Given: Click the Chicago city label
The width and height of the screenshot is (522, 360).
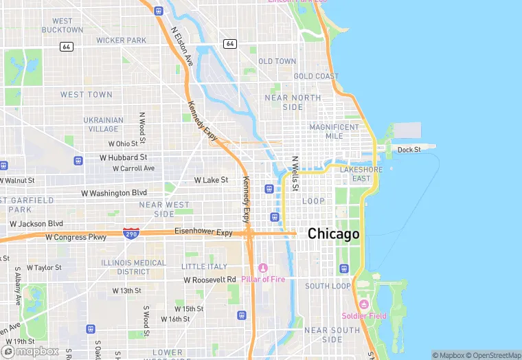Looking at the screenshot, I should [333, 234].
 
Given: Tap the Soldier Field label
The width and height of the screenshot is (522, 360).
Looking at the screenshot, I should [364, 316].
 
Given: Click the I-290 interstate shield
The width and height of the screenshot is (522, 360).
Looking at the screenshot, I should [130, 234].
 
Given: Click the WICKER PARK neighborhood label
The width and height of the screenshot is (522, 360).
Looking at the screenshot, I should [121, 41].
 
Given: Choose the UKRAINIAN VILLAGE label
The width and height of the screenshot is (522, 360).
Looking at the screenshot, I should [104, 124].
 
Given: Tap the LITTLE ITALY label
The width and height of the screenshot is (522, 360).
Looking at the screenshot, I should [204, 267].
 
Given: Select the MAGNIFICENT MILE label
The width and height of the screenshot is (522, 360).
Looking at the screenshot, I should [334, 131].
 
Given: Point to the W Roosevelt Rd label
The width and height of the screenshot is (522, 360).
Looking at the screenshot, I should [210, 280].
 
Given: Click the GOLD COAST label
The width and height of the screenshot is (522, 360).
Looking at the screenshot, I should [316, 76].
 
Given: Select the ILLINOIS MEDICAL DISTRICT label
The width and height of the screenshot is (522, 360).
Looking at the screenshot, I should [133, 267].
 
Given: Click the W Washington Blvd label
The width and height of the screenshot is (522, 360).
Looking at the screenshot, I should [114, 193].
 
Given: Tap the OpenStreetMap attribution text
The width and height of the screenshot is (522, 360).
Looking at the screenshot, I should [493, 355].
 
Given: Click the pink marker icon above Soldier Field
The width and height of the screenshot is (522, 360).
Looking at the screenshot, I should [364, 304].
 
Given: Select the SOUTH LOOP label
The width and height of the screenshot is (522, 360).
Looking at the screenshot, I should [328, 286].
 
